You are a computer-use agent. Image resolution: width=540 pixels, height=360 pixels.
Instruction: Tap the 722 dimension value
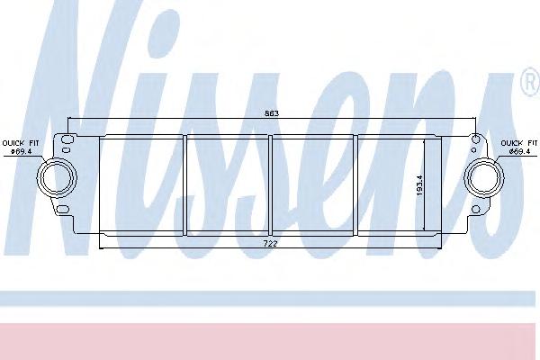click(x=269, y=243)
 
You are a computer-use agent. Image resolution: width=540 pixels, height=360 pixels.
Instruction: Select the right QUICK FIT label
click(x=519, y=143)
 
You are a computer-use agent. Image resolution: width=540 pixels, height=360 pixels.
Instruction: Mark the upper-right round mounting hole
click(x=475, y=139)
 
